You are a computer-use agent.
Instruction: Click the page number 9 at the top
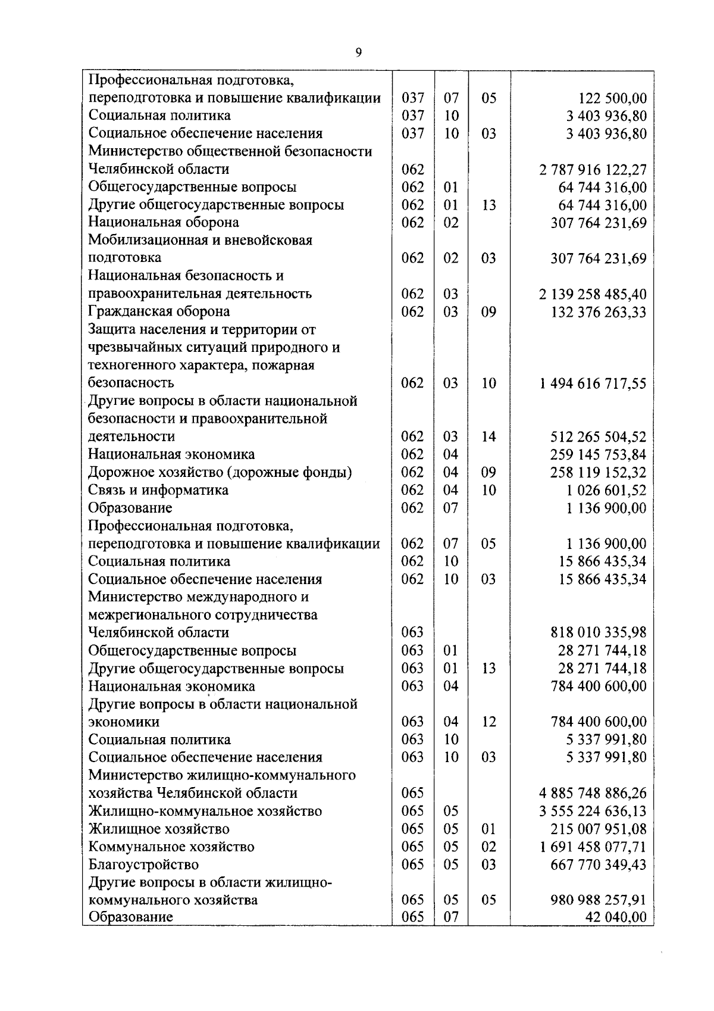coord(358,53)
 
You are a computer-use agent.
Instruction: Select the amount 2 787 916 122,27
coord(593,170)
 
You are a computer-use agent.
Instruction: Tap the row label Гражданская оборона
coord(159,311)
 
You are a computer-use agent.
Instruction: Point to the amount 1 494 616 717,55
coord(593,383)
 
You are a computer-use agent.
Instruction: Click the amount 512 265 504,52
coord(599,436)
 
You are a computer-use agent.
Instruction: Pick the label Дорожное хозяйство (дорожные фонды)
coord(220,472)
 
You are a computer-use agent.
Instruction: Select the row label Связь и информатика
coord(158,490)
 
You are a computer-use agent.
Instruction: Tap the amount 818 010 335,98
coord(599,632)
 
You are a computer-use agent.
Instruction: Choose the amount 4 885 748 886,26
coord(593,793)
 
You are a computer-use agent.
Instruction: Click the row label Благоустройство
coord(143,864)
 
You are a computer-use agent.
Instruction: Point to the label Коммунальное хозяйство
coord(171,846)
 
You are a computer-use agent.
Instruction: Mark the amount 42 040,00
coord(616,917)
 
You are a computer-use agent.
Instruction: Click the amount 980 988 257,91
coord(599,900)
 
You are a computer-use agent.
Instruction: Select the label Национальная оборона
coord(164,222)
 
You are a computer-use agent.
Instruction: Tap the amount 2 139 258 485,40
coord(593,294)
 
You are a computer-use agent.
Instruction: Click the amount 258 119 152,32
coord(599,472)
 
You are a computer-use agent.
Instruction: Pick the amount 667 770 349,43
coord(599,864)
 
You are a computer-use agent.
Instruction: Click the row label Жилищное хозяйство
coord(159,828)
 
